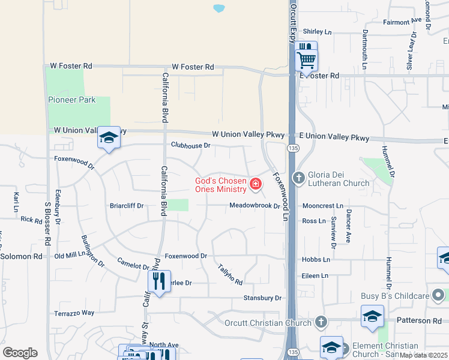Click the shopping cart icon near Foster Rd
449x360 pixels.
coord(307,59)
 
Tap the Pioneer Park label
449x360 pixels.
coord(72,100)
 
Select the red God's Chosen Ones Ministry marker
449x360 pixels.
coord(256,184)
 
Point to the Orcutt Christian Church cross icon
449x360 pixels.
coord(321,322)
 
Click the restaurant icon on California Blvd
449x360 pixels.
coord(159,281)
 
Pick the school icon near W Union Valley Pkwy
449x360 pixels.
coord(109,137)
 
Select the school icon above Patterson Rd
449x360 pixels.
coord(372,316)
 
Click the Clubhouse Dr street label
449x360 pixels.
coord(190,145)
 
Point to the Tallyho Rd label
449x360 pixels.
coord(230,274)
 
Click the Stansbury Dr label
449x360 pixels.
coord(262,298)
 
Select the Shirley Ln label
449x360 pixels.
coord(318,31)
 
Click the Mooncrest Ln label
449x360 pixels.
coord(323,206)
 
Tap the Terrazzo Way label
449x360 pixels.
coord(74,313)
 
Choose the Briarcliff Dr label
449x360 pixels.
coord(127,206)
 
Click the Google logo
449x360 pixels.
coord(20,353)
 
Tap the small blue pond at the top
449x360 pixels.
coord(219,8)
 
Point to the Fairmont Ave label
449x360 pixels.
coord(402,21)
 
